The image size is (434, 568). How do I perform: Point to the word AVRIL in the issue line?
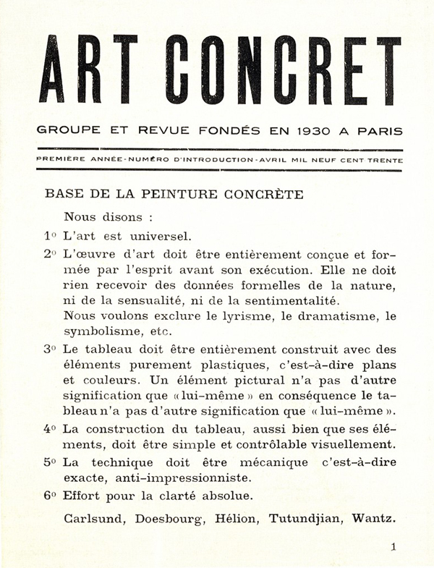(271, 159)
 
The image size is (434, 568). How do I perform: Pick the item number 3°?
(50, 348)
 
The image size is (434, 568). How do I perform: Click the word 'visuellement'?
(357, 444)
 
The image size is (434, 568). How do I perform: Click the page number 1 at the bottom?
(393, 548)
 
